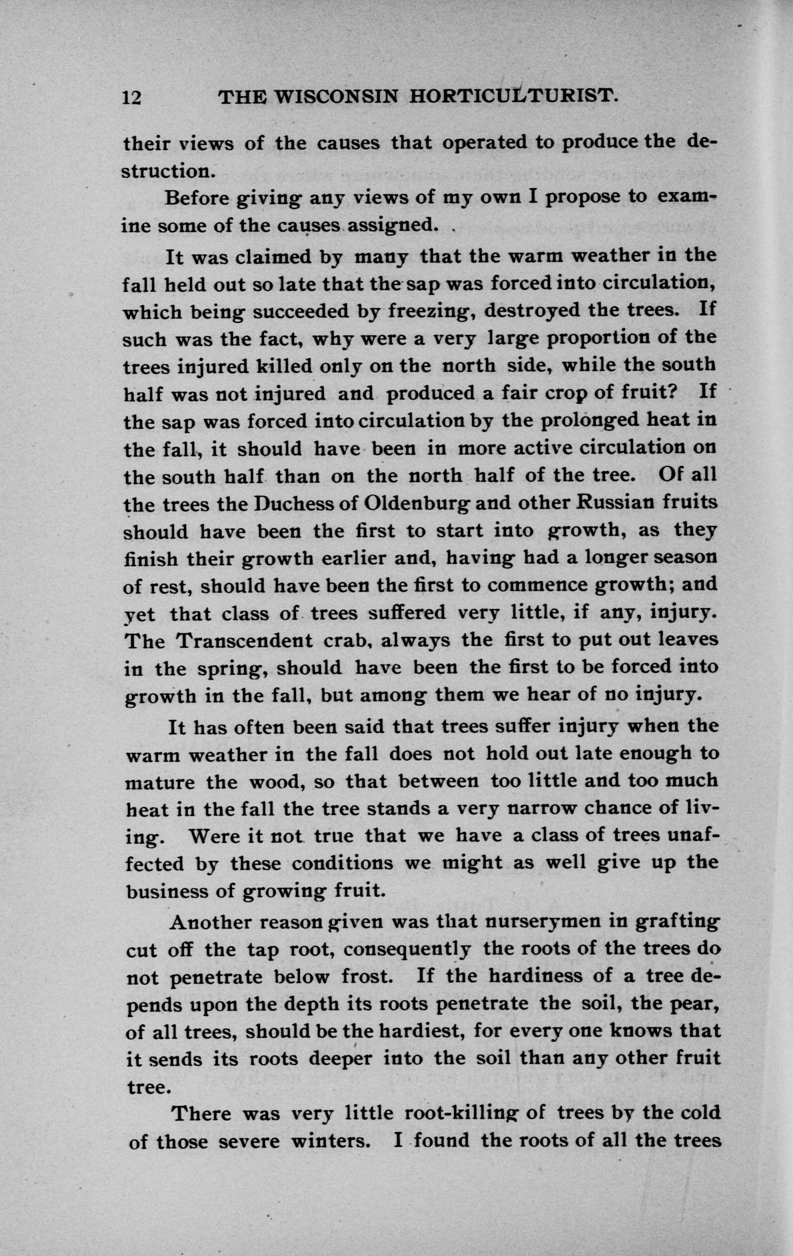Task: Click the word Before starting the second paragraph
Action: tap(198, 199)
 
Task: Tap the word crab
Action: tap(346, 641)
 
